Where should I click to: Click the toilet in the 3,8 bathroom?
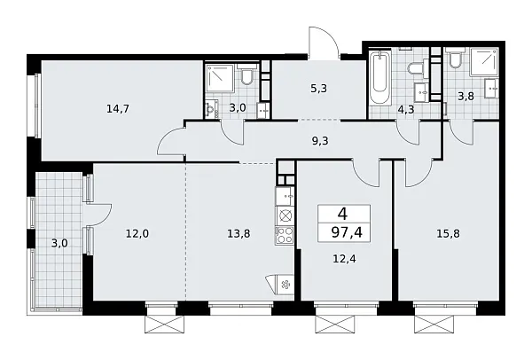[x=456, y=61]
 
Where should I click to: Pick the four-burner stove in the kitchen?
[x=286, y=235]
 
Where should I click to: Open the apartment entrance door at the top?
[x=322, y=43]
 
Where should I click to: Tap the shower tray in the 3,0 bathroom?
[x=221, y=77]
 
